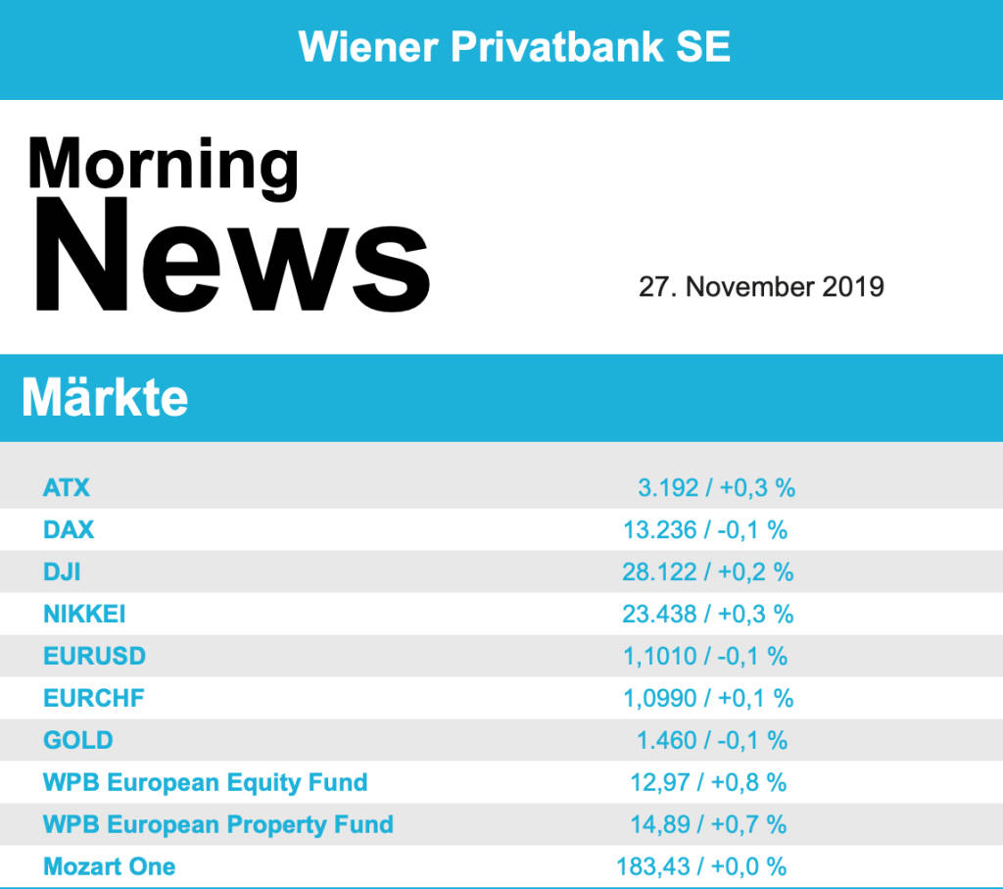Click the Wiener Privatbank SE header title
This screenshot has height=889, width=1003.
point(514,46)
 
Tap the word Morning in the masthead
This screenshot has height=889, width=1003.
point(163,163)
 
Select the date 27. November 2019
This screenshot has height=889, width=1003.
point(761,286)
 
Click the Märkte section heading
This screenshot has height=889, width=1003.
point(105,397)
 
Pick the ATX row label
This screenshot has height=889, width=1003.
point(67,487)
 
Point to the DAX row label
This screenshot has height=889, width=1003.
point(69,529)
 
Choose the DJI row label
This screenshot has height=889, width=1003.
point(62,571)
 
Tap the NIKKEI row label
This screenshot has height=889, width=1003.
point(84,614)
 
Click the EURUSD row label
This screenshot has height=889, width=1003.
point(94,656)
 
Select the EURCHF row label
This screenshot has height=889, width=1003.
point(94,698)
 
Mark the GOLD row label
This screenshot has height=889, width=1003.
point(77,740)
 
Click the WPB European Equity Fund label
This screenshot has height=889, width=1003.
point(206,782)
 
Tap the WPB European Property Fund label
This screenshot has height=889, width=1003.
point(218,824)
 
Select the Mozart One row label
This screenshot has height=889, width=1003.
point(110,866)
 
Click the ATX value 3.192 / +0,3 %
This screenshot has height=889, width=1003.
point(716,487)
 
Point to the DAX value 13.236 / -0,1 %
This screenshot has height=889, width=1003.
point(705,529)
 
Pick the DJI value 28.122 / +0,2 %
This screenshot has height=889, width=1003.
point(707,571)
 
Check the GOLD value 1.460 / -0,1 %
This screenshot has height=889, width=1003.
point(712,740)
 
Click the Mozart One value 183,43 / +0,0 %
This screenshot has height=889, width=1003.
point(701,866)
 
